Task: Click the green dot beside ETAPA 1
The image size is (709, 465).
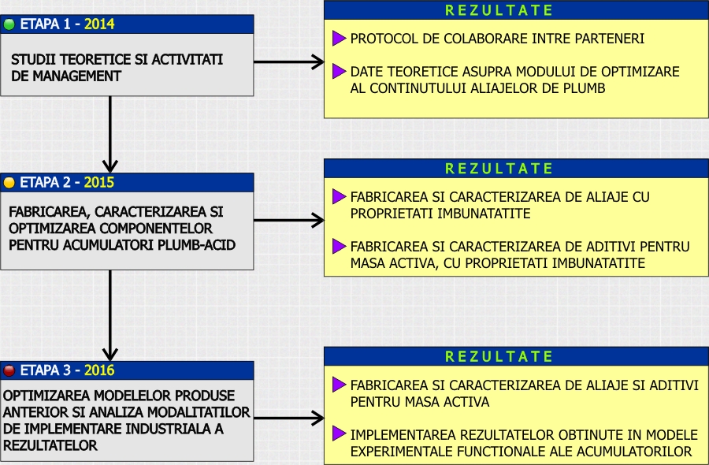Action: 9,24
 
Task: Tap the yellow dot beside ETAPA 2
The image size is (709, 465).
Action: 9,183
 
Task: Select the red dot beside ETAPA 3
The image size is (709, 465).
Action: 9,370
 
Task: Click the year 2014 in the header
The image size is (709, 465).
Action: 99,24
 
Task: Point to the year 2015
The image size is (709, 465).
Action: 99,182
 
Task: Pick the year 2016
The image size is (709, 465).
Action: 99,370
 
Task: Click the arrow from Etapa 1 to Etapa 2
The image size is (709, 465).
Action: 110,134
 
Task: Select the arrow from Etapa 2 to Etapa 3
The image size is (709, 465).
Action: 110,315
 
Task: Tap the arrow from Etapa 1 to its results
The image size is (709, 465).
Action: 289,62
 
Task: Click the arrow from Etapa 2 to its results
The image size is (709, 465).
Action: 289,221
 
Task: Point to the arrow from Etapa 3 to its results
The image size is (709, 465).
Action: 289,418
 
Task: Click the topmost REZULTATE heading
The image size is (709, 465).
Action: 499,10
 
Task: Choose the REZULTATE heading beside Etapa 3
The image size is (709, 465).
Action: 499,356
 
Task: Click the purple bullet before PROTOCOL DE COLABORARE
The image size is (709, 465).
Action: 339,39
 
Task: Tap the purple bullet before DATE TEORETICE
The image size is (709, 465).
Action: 339,71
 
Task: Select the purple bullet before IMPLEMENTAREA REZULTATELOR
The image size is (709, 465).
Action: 339,433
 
